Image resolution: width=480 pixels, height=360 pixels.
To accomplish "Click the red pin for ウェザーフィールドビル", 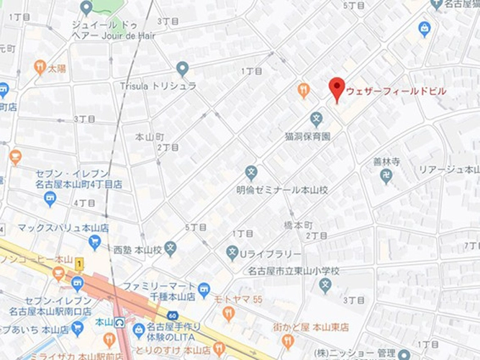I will pyautogui.click(x=336, y=89).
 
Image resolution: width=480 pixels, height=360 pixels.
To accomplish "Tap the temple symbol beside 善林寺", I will pyautogui.click(x=386, y=177).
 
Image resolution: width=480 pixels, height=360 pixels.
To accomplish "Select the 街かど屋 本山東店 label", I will pyautogui.click(x=310, y=327).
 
